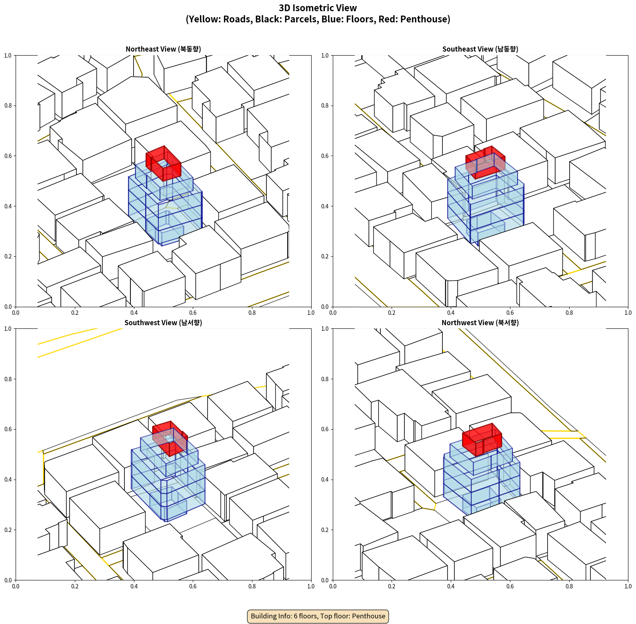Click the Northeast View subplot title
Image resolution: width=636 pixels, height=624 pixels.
coord(163,49)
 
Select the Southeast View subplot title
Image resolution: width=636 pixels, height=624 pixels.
coord(480,49)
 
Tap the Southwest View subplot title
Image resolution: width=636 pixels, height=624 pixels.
coord(163,322)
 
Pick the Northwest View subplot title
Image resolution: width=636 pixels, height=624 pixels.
coord(480,322)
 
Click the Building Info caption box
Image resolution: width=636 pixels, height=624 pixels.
coord(318,616)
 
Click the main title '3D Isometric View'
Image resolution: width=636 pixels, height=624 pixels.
coord(318,8)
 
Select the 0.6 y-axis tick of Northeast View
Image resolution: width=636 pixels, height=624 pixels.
coord(8,156)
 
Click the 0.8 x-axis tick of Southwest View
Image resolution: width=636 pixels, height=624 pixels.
coord(252,586)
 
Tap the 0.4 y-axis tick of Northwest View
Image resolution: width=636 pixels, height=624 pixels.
coord(325,480)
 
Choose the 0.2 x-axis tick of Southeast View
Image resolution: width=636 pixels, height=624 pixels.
coord(392,313)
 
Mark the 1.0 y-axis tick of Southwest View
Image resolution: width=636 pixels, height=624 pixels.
coord(8,329)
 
